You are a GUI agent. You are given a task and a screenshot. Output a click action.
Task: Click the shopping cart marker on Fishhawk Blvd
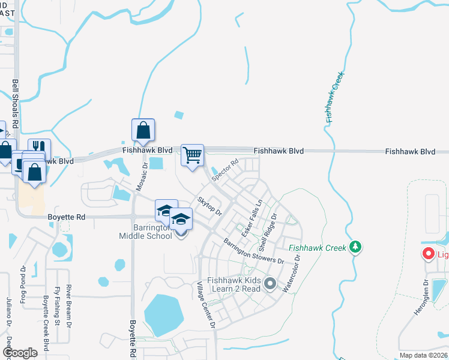(x=192, y=155)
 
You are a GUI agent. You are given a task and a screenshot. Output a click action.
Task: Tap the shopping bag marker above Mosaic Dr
(x=143, y=130)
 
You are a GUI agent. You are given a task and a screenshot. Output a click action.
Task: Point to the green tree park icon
(x=356, y=247)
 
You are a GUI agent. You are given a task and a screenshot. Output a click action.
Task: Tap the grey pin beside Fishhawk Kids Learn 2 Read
(x=270, y=283)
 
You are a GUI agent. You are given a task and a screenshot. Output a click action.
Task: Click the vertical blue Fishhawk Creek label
(x=335, y=98)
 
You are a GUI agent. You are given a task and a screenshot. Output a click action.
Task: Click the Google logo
(x=20, y=353)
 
